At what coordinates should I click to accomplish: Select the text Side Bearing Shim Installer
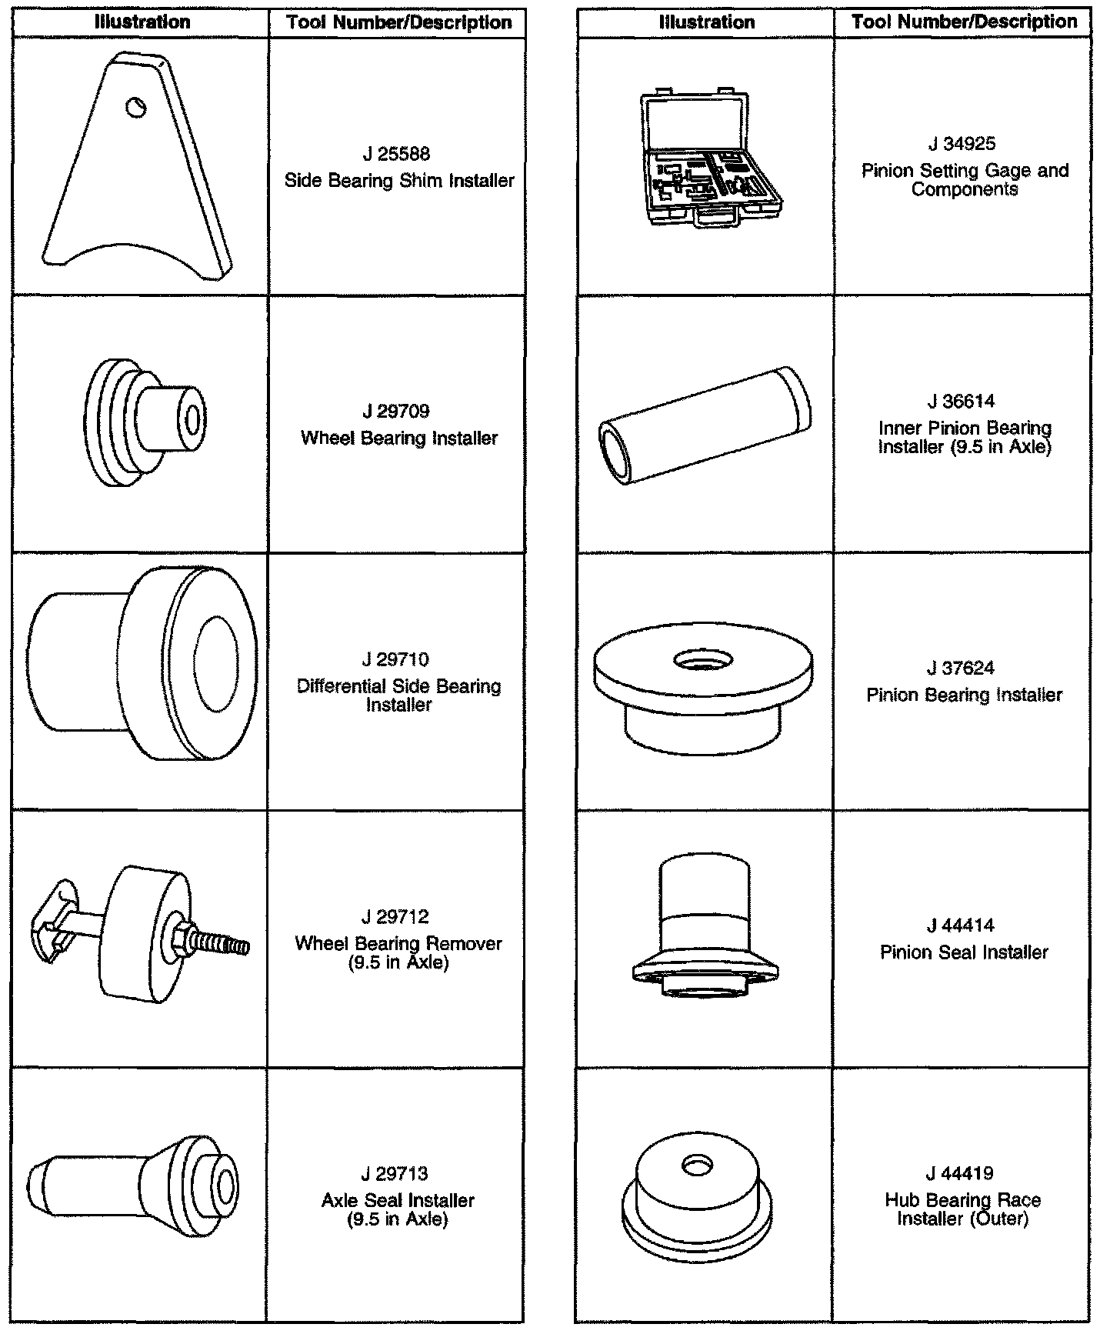(398, 181)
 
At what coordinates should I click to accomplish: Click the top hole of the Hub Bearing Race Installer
(697, 1166)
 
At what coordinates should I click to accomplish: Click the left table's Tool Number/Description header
(398, 22)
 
